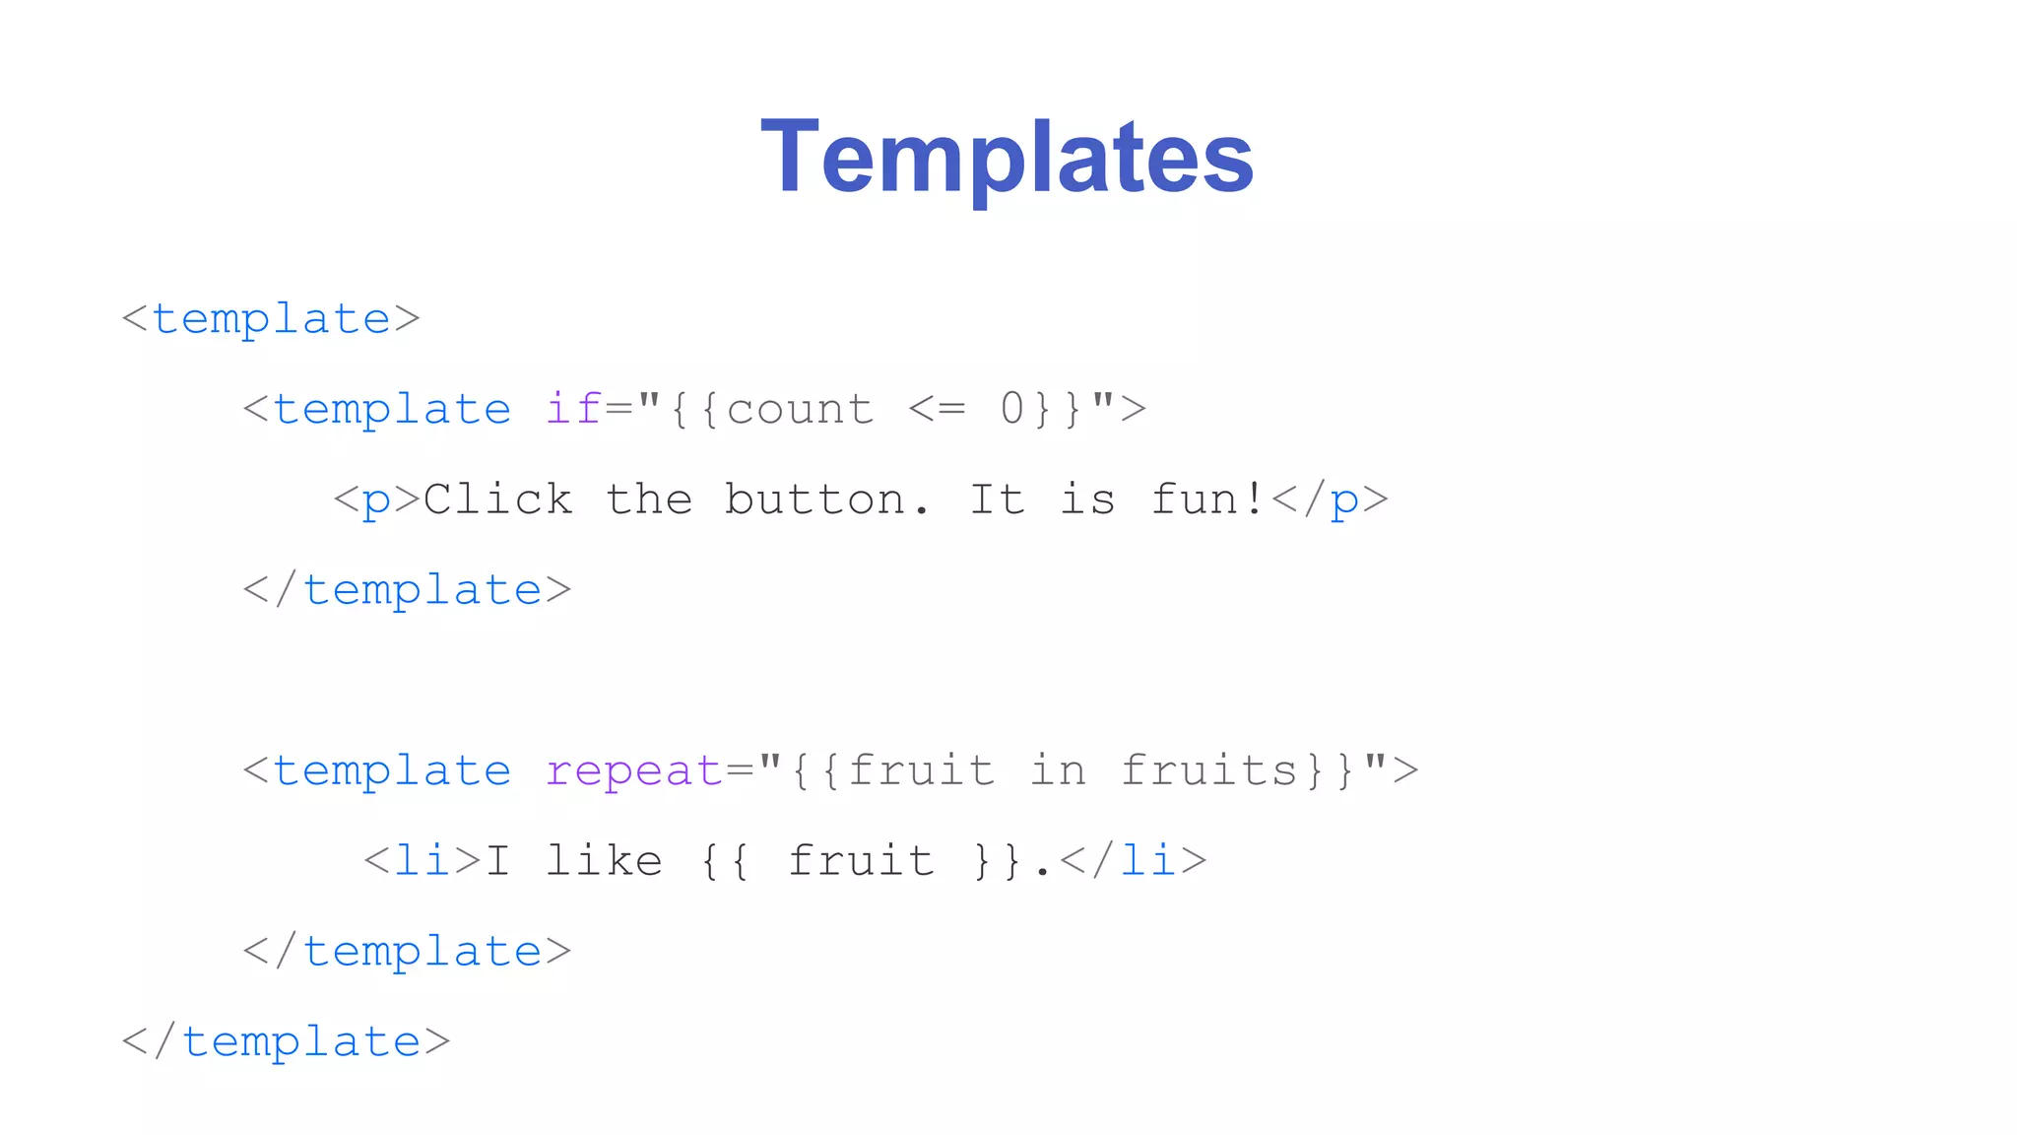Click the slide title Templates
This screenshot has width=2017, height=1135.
(x=1007, y=158)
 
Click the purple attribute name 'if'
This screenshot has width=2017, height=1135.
(x=573, y=409)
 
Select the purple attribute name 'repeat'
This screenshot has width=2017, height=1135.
(x=634, y=770)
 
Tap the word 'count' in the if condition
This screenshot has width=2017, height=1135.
(x=800, y=409)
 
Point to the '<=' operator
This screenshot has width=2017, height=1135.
(x=936, y=409)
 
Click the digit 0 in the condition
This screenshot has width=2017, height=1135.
(x=1012, y=409)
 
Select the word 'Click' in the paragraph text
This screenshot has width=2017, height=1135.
(x=497, y=500)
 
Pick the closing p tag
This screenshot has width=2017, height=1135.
(x=1330, y=500)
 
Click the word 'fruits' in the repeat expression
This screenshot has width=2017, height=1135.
(x=1209, y=770)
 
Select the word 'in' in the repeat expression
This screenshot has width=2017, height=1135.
(x=1058, y=770)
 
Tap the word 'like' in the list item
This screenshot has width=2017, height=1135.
(x=604, y=861)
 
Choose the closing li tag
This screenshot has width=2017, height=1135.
(x=1133, y=861)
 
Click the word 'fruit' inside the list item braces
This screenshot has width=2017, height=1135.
(x=861, y=861)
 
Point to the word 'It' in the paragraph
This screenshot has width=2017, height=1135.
(x=997, y=500)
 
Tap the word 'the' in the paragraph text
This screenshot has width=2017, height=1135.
(x=649, y=500)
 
